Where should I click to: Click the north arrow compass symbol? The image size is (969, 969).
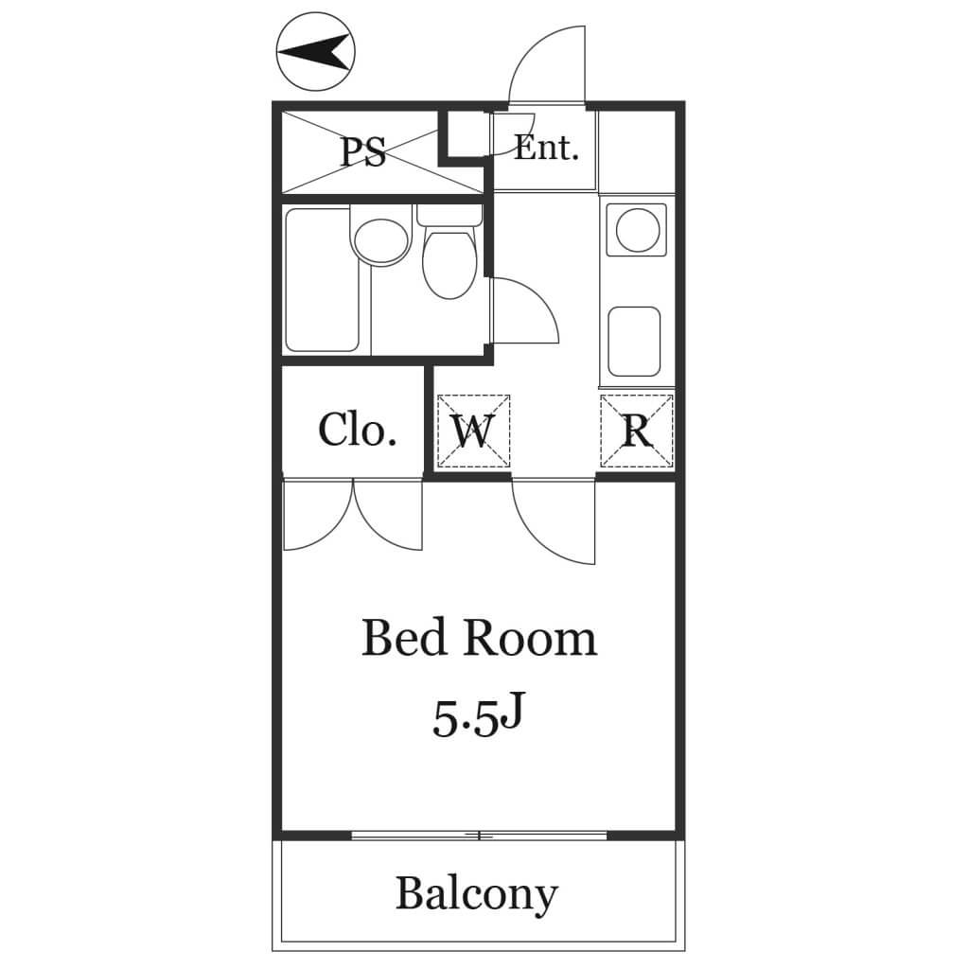coord(316,51)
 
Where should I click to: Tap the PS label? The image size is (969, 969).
coord(364,151)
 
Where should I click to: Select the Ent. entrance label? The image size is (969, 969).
coord(546,149)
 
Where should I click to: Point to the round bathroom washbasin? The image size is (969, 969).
coord(381,241)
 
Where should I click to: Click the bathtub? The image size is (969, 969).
coord(322,280)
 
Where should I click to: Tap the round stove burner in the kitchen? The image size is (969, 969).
coord(637,230)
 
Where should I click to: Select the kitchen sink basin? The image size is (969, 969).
coord(634,342)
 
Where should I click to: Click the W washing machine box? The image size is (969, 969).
coord(473,431)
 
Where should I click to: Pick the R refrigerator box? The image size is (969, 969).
coord(637,431)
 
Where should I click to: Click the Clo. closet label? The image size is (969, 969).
coord(357,431)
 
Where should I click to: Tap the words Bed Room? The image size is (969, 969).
coord(479,638)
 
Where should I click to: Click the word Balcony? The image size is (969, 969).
coord(477,894)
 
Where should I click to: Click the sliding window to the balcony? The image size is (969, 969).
coord(480,836)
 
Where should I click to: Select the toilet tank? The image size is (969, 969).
coord(449,215)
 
